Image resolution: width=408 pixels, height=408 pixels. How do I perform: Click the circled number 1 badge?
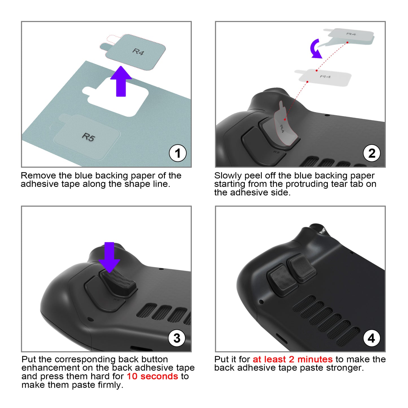(x=177, y=153)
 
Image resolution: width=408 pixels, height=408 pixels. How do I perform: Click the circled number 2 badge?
(x=372, y=153)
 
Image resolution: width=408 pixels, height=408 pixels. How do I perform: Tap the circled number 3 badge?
(x=177, y=338)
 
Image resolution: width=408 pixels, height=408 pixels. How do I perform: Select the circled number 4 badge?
(x=372, y=338)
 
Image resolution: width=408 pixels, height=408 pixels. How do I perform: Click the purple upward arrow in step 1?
(x=121, y=81)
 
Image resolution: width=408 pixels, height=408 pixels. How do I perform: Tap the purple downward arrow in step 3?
(x=109, y=257)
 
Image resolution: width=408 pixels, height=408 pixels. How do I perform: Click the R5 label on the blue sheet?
(x=89, y=137)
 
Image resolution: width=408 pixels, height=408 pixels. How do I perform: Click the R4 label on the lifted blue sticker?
(x=138, y=51)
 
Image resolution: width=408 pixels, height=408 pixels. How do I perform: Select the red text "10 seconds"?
(x=152, y=376)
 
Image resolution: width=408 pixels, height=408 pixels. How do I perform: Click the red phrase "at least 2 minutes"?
(x=293, y=359)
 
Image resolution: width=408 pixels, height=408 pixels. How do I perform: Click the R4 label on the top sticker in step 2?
(x=351, y=34)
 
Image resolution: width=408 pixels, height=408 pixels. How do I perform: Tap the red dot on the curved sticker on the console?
(x=285, y=119)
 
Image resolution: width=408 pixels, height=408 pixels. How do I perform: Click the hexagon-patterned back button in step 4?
(x=283, y=277)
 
